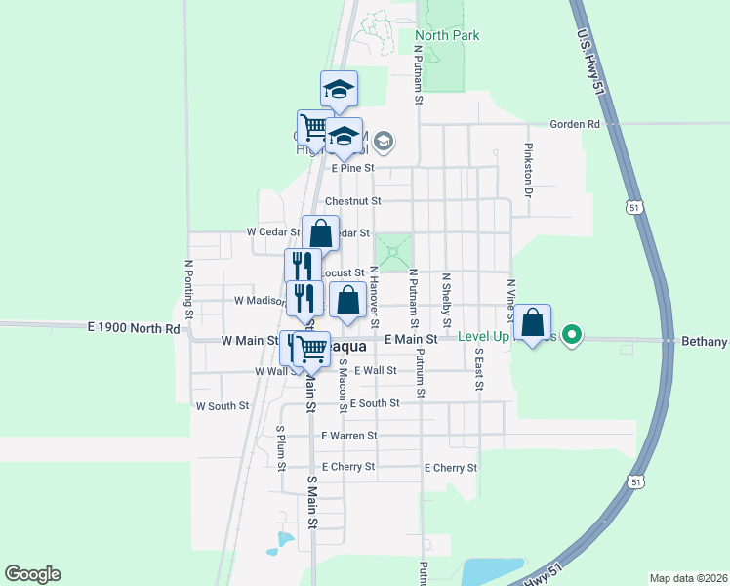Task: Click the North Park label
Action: pos(447,36)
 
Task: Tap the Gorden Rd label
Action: pos(575,125)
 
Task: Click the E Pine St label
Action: pos(352,168)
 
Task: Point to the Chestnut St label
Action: pos(352,201)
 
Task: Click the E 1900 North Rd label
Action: pos(133,328)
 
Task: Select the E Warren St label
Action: pos(348,436)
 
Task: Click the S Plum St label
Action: pos(280,448)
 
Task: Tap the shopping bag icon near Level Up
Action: pos(533,323)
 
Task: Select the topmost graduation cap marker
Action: pos(340,90)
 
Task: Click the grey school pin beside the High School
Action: pos(383,144)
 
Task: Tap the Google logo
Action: pos(32,574)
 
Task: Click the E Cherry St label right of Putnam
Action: pos(450,468)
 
